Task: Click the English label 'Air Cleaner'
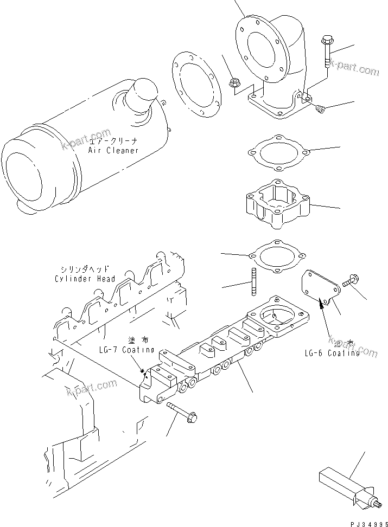(113, 150)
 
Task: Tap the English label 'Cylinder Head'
(85, 279)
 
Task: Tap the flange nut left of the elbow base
(235, 83)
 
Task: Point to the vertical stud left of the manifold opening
(253, 282)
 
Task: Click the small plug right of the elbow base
(321, 110)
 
